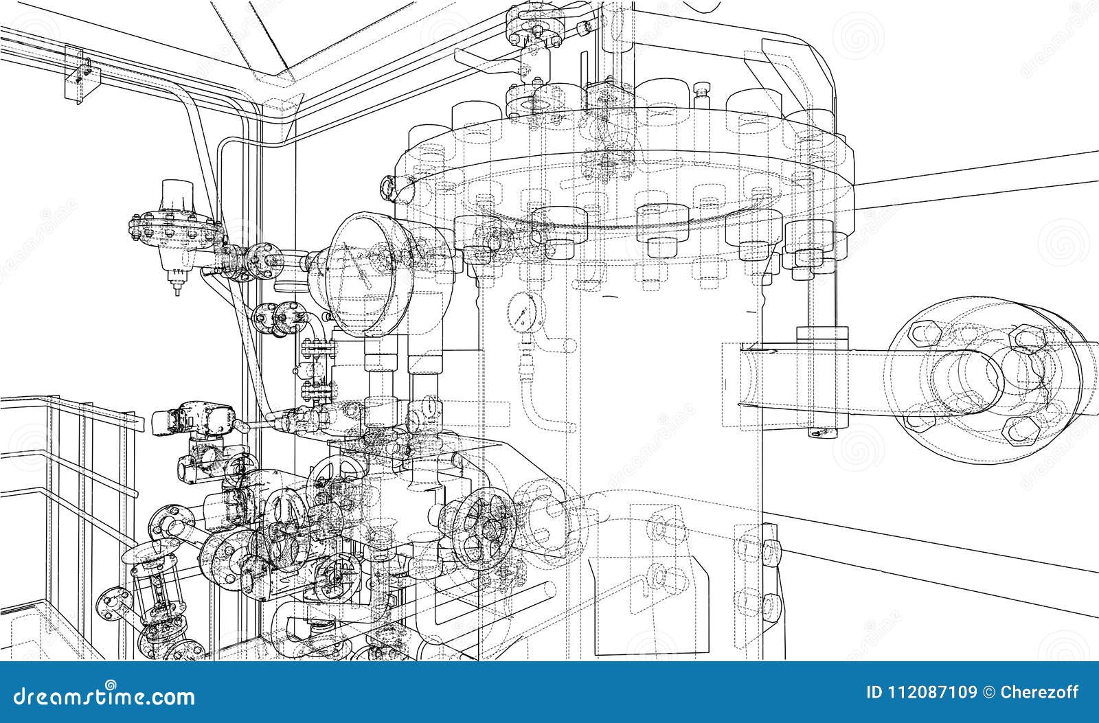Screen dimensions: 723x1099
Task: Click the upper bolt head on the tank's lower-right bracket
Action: coord(770,549)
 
